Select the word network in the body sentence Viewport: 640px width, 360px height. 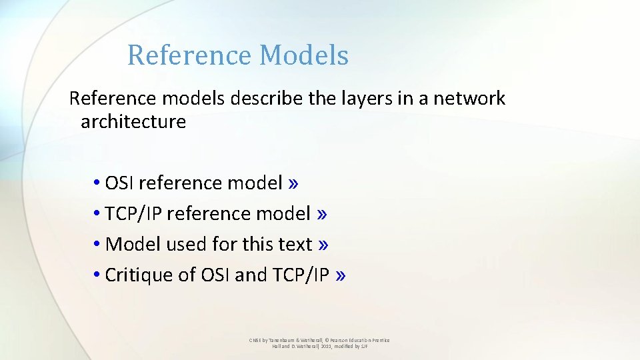pyautogui.click(x=469, y=99)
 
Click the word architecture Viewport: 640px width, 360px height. pyautogui.click(x=133, y=121)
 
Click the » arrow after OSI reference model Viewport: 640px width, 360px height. pyautogui.click(x=294, y=183)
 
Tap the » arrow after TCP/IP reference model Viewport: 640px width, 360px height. pyautogui.click(x=322, y=213)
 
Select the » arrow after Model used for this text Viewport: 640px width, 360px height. pyautogui.click(x=324, y=244)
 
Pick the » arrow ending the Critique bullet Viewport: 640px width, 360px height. pyautogui.click(x=341, y=275)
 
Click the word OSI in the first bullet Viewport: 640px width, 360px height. pyautogui.click(x=120, y=183)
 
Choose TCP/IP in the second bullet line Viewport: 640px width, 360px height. pyautogui.click(x=133, y=213)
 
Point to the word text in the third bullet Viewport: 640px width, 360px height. pyautogui.click(x=295, y=244)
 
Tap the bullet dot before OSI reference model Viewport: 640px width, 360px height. pyautogui.click(x=97, y=183)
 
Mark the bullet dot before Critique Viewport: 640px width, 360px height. pyautogui.click(x=97, y=275)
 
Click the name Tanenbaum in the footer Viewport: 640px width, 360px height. pyautogui.click(x=283, y=340)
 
